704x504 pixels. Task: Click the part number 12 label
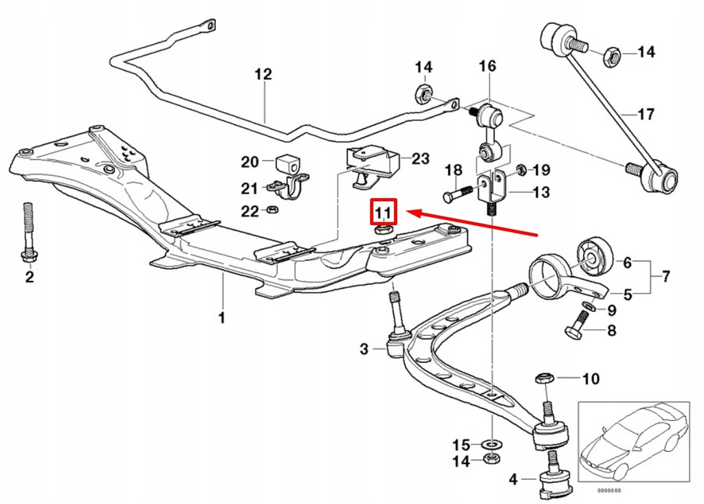(x=263, y=75)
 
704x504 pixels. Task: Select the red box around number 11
(x=382, y=211)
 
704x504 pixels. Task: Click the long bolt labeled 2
(x=28, y=233)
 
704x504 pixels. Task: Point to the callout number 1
(x=221, y=317)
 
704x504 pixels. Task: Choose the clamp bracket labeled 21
(x=289, y=189)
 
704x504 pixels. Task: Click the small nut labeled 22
(x=272, y=209)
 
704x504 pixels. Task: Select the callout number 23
(x=420, y=159)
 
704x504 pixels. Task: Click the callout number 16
(x=487, y=67)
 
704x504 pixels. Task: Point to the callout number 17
(x=646, y=114)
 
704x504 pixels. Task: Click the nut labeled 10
(x=543, y=378)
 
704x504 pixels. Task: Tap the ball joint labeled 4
(x=553, y=479)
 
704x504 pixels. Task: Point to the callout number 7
(x=665, y=278)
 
